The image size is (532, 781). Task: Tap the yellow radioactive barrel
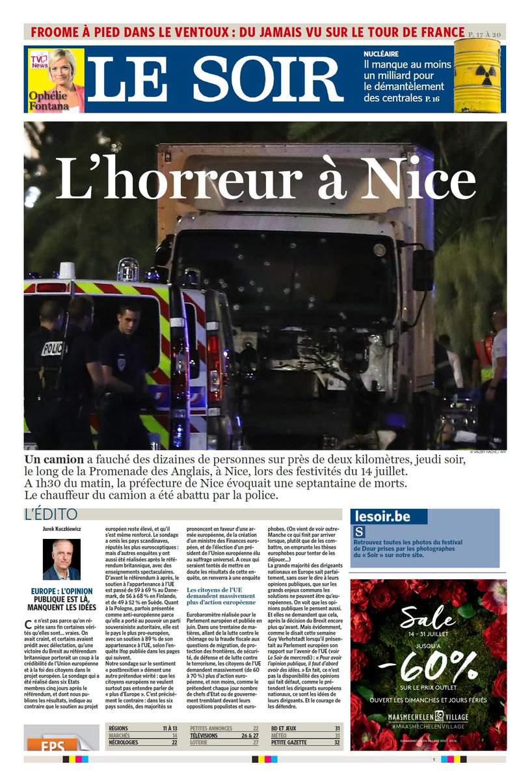pos(477,75)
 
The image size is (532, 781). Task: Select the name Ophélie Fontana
pos(47,98)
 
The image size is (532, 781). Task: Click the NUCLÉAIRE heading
pos(381,54)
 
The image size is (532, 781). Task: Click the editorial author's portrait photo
pos(62,560)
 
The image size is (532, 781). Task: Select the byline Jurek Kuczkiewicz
pos(62,529)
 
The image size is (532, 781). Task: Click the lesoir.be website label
pos(382,517)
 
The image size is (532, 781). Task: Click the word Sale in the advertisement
pos(427,616)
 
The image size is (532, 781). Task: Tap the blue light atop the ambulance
pos(128,268)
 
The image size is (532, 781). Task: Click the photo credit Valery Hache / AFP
pos(487,451)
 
